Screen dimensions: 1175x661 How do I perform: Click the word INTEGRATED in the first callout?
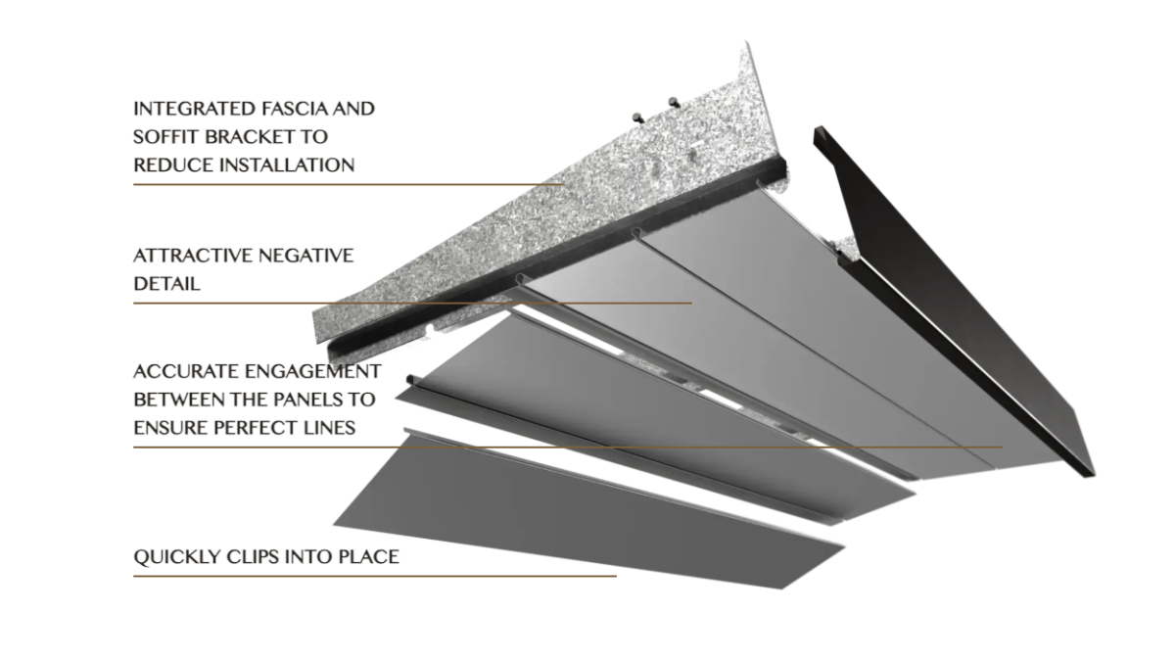tap(194, 109)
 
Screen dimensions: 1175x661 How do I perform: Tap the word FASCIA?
tap(296, 109)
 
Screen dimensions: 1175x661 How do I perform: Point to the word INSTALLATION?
tap(286, 165)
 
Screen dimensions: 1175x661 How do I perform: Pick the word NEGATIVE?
tap(305, 256)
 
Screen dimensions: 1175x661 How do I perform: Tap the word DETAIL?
tap(166, 284)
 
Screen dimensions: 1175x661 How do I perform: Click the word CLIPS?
tap(253, 556)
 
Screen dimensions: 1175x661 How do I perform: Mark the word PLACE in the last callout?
tap(369, 556)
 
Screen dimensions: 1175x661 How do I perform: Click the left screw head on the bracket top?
tap(637, 117)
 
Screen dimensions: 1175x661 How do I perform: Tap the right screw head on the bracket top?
tap(674, 102)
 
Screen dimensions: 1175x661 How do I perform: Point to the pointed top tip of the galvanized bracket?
tap(747, 41)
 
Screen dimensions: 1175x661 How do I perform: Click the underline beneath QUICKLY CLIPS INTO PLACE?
tap(375, 576)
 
